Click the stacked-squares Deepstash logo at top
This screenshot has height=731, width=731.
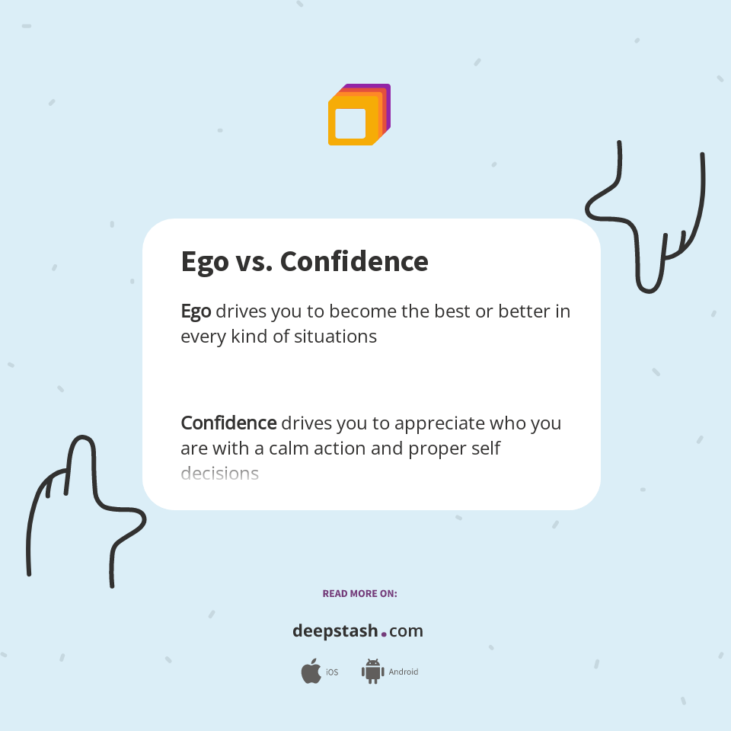(x=359, y=115)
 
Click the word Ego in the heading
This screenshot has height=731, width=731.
(x=204, y=262)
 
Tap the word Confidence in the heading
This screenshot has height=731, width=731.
(x=354, y=262)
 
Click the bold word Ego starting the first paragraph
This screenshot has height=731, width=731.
(x=196, y=311)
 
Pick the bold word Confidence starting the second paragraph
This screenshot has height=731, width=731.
(x=228, y=423)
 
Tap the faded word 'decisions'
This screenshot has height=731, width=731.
(x=219, y=474)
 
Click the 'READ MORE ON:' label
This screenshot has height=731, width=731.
(x=359, y=593)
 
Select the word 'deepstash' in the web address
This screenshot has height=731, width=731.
(x=335, y=631)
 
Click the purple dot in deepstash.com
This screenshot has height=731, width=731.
(x=384, y=634)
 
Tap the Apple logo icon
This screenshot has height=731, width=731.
(x=311, y=672)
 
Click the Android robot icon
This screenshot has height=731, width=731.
(x=372, y=671)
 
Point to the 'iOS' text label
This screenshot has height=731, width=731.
(x=332, y=672)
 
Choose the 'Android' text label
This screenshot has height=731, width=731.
(x=404, y=672)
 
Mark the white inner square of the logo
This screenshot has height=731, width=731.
(x=350, y=123)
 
